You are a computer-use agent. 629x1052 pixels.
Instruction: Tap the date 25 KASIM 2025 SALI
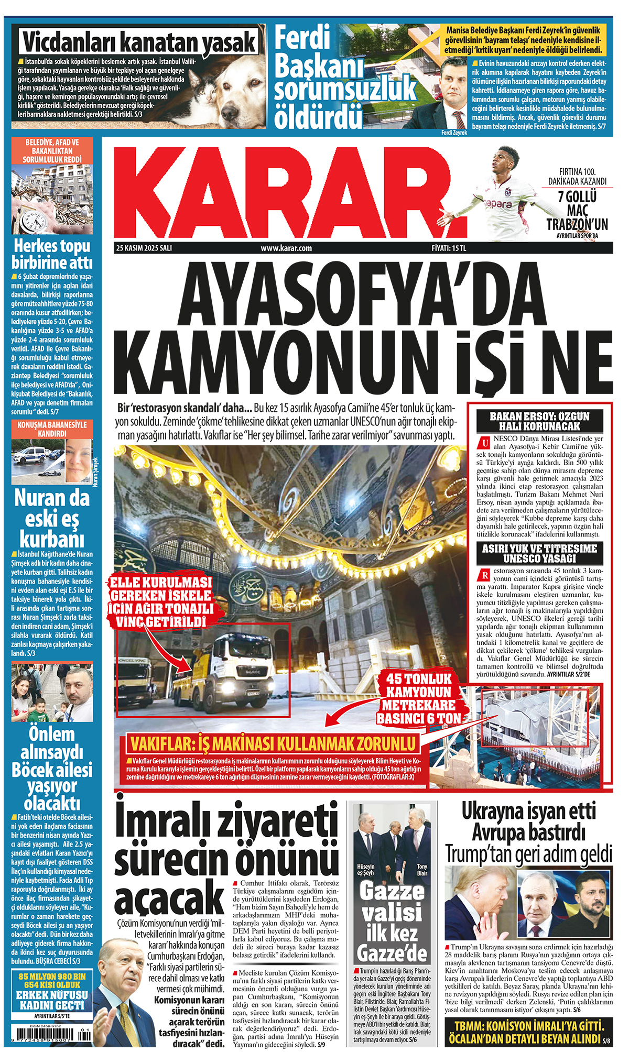tap(144, 248)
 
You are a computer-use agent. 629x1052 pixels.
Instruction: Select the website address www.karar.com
tap(286, 248)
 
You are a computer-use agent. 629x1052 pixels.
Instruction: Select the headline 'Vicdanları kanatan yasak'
tap(139, 41)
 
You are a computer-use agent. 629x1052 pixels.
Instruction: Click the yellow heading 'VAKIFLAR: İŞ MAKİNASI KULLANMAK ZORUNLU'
tap(273, 743)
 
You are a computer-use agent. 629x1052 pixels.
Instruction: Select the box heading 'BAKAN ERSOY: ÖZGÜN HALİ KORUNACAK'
tap(539, 421)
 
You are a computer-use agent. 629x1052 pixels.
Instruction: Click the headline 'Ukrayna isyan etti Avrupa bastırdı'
tap(528, 821)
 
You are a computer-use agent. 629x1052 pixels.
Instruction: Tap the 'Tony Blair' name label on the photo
tap(421, 870)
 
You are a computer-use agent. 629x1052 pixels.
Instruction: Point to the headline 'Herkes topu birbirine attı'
tap(52, 254)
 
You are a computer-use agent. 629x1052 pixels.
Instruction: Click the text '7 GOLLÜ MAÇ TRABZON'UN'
tap(577, 210)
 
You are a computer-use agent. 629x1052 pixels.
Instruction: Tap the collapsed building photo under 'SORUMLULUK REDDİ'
tap(52, 199)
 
